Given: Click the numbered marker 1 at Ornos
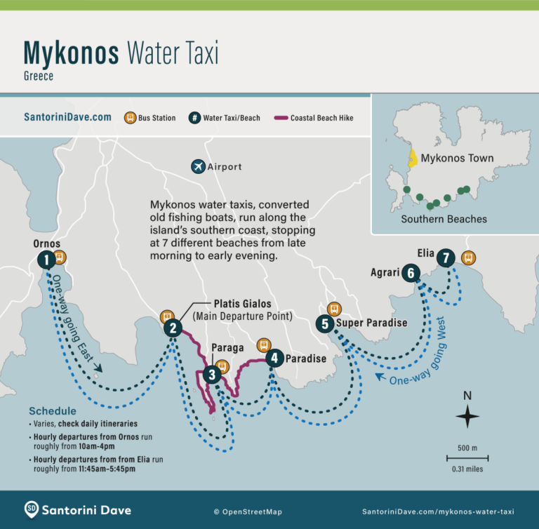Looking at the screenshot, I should [46, 260].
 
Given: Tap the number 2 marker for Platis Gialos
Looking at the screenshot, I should [173, 327].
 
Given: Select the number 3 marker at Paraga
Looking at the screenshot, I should [211, 375].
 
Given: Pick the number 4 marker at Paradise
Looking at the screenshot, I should [274, 358].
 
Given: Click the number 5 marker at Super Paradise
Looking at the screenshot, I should [324, 323].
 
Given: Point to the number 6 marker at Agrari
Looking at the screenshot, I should [411, 273].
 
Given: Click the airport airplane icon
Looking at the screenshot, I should [198, 166].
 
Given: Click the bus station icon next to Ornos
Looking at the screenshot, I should [60, 257].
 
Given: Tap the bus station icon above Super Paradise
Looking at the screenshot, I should [334, 309].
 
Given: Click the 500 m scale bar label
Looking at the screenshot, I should [467, 448].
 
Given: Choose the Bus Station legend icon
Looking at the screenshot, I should [130, 118].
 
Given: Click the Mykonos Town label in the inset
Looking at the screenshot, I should [458, 158].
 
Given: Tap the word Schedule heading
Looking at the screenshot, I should [53, 410].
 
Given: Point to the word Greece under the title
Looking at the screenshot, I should [39, 76].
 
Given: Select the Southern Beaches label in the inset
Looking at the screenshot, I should [444, 219].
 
